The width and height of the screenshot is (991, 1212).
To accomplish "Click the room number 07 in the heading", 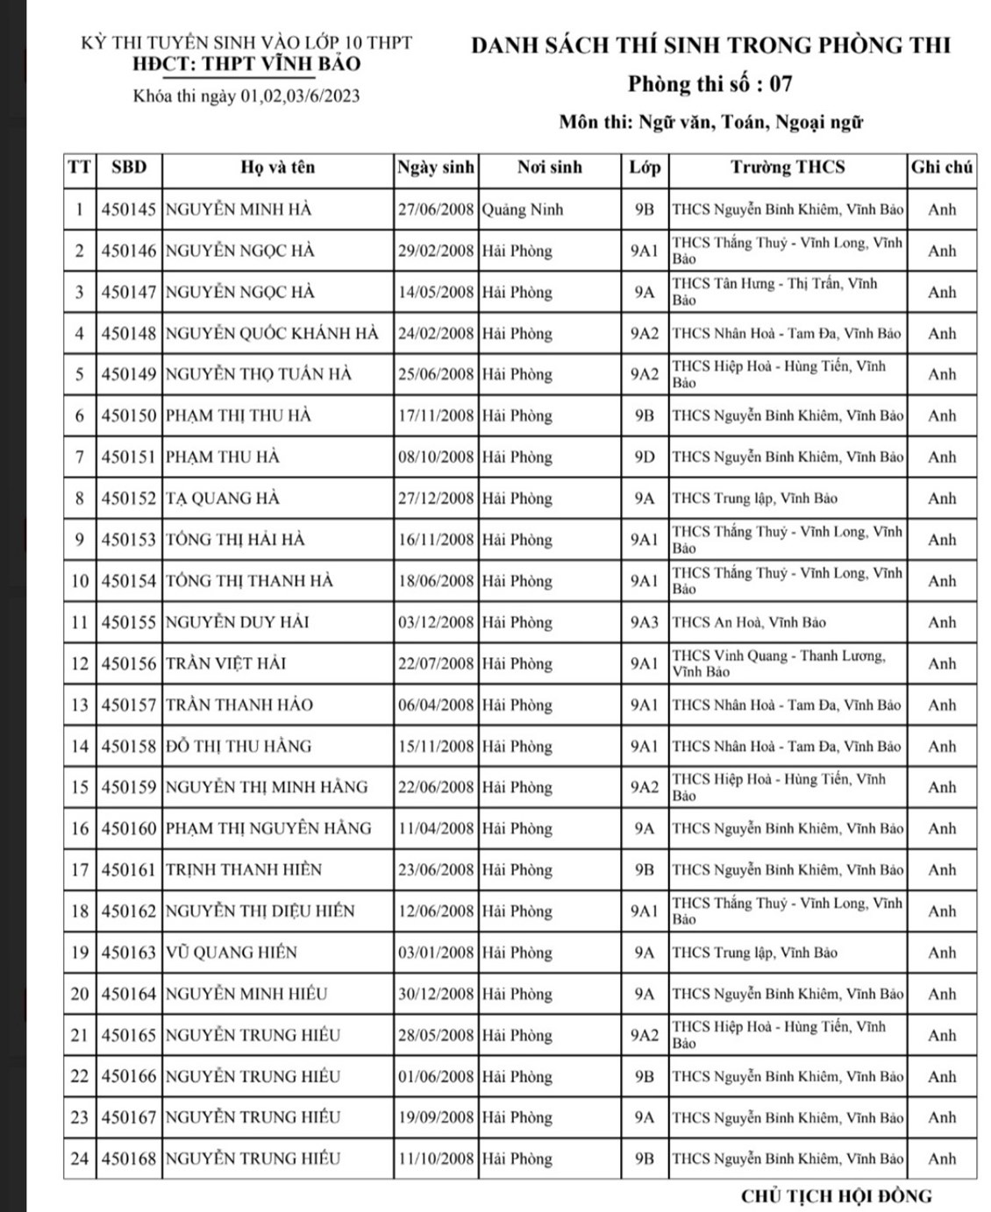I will (781, 84).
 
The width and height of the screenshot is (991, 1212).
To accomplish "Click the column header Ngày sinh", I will (436, 167).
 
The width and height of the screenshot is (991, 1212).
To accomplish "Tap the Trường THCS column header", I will (788, 167).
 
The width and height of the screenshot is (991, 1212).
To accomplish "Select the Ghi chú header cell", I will (942, 167).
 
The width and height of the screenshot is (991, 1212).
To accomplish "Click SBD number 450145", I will (128, 209).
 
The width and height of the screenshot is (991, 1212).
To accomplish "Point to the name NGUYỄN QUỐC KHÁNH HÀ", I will (272, 333).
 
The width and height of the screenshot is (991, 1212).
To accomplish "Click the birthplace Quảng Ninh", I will (523, 209).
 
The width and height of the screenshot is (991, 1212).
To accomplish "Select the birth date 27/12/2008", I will (436, 499).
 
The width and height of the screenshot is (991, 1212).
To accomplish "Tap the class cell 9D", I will (645, 457).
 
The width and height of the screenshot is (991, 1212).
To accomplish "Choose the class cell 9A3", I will (645, 622).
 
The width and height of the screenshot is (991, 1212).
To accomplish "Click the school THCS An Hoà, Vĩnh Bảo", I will (749, 622).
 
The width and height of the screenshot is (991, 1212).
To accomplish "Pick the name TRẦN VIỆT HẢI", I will (226, 663).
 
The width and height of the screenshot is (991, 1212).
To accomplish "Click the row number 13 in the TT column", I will (80, 705).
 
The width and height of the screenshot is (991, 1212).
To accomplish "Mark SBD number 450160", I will (128, 828).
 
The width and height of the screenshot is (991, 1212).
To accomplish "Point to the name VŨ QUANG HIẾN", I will (232, 953).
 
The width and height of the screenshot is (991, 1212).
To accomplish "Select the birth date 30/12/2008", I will (436, 994).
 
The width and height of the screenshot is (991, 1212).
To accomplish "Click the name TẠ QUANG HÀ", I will (223, 499).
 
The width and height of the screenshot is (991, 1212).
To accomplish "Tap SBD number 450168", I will (128, 1159).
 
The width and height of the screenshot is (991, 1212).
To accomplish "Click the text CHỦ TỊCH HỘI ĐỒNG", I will (836, 1195).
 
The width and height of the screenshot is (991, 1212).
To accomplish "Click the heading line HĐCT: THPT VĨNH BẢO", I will (246, 64).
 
